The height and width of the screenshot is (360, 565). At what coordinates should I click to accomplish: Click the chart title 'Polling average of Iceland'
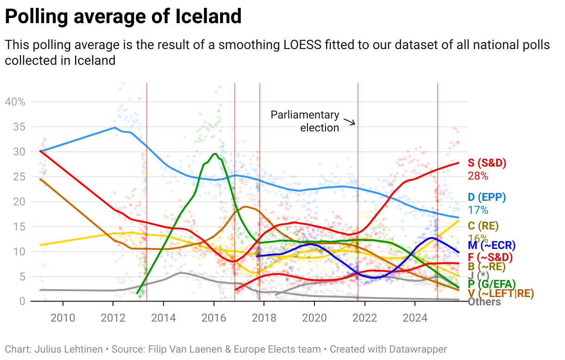(x=123, y=17)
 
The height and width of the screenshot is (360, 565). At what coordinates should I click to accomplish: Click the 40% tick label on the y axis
(x=15, y=102)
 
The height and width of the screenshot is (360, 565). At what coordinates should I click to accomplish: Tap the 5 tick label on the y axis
(x=22, y=277)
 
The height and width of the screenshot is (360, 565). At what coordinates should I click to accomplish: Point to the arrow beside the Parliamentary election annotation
(x=349, y=122)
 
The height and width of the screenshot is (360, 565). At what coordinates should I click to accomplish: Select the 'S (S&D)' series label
(x=487, y=163)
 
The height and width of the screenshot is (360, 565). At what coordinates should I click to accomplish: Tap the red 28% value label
(x=478, y=176)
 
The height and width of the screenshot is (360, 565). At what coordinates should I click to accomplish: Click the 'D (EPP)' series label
(x=487, y=198)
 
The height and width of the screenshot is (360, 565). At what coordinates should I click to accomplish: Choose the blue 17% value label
(x=478, y=210)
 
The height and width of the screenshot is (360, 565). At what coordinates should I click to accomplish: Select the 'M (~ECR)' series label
(x=491, y=245)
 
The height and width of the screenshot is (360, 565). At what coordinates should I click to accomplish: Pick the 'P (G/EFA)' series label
(x=491, y=284)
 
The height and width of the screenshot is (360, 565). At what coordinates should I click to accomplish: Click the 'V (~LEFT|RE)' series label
(x=501, y=293)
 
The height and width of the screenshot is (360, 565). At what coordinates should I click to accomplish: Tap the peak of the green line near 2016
(x=214, y=154)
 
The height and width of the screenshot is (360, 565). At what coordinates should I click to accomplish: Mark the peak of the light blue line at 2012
(x=114, y=127)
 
